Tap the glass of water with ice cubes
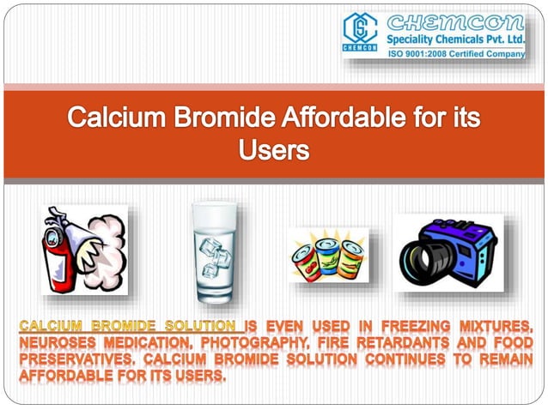[x=213, y=251]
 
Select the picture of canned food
[x=327, y=255]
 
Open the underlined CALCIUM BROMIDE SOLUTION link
[x=129, y=326]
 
